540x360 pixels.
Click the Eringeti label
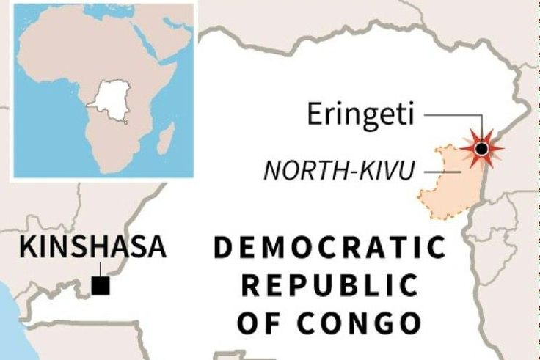point(361,115)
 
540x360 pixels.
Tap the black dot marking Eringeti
point(481,150)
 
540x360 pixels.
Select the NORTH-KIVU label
point(338,170)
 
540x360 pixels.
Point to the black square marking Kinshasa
point(101,285)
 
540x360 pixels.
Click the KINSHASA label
point(92,248)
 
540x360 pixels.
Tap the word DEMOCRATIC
point(329,249)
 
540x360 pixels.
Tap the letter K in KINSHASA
point(27,248)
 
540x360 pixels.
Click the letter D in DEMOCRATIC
point(223,249)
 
